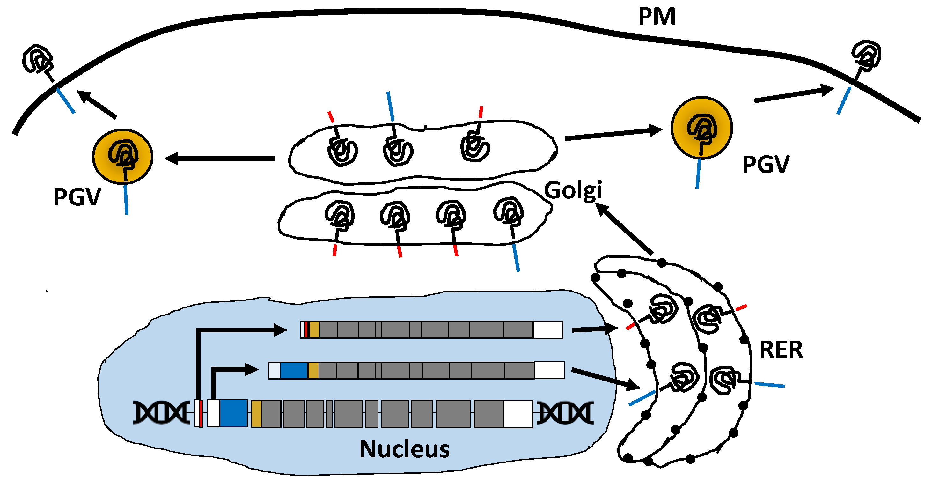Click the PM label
pyautogui.click(x=657, y=17)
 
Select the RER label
pyautogui.click(x=781, y=350)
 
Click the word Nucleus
pyautogui.click(x=404, y=449)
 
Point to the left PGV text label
pyautogui.click(x=77, y=197)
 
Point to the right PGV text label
pyautogui.click(x=766, y=165)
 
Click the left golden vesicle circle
pyautogui.click(x=123, y=157)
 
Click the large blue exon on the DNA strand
pyautogui.click(x=233, y=413)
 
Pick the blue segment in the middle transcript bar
pyautogui.click(x=293, y=370)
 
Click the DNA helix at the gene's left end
pyautogui.click(x=162, y=412)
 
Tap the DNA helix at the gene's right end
pyautogui.click(x=565, y=413)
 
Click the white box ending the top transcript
pyautogui.click(x=548, y=330)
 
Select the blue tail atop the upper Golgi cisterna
pyautogui.click(x=390, y=106)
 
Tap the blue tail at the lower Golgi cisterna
pyautogui.click(x=516, y=257)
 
